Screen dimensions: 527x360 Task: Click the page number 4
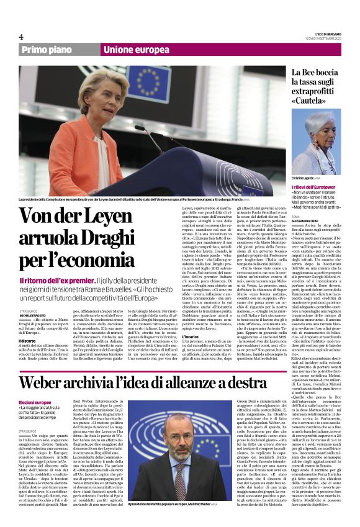click(x=20, y=37)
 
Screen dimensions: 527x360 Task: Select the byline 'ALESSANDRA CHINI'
click(x=309, y=220)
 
